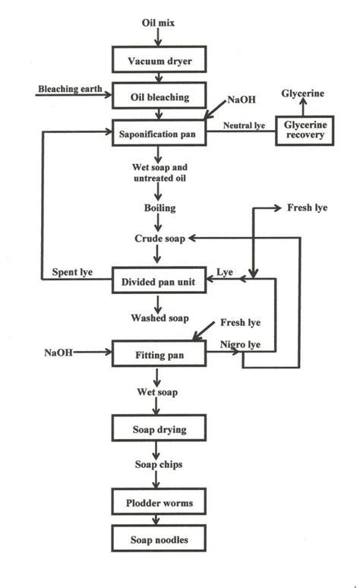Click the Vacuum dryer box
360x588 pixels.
[157, 60]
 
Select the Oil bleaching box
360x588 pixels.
[157, 96]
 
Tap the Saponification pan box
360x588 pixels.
[157, 131]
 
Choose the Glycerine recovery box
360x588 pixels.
[304, 131]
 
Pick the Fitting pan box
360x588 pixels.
[157, 354]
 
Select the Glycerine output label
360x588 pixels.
[303, 93]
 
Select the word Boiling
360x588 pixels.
[157, 207]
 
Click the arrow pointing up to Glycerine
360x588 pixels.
[304, 107]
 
